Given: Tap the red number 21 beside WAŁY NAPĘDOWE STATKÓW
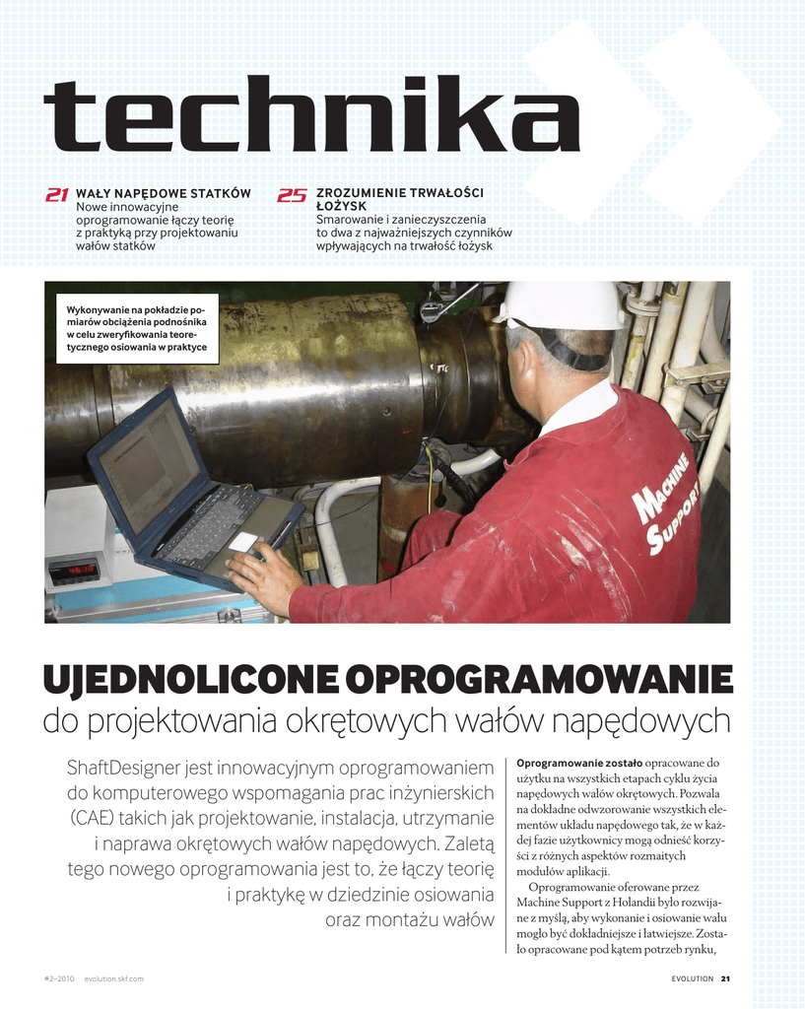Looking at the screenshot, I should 57,195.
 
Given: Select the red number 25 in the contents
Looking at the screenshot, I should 292,195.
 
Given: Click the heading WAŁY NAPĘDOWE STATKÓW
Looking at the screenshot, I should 164,193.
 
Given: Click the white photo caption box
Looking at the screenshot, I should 137,327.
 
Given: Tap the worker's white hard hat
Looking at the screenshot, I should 563,305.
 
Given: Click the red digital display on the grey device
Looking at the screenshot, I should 75,572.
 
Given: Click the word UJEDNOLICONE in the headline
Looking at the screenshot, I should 190,679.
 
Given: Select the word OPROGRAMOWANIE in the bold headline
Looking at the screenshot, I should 541,679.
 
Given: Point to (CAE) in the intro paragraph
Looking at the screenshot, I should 95,819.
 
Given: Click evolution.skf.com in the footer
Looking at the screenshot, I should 114,978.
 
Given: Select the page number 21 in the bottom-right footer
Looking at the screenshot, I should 725,978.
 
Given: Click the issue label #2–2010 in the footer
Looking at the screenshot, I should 60,978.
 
